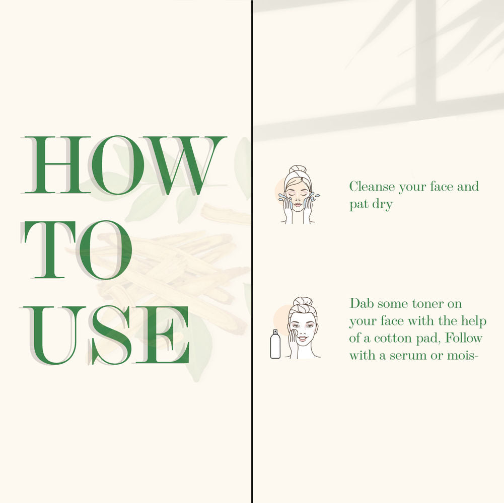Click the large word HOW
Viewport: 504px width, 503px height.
pyautogui.click(x=124, y=165)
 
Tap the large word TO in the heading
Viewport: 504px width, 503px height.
pyautogui.click(x=77, y=249)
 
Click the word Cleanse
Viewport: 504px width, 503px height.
pyautogui.click(x=372, y=187)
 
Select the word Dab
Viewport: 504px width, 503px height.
pyautogui.click(x=362, y=303)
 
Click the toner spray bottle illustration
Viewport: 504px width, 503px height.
pyautogui.click(x=275, y=344)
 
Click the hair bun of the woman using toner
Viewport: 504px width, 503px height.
pyautogui.click(x=302, y=302)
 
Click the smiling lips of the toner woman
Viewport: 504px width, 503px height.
pyautogui.click(x=303, y=339)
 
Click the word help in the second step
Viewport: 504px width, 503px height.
pyautogui.click(x=474, y=321)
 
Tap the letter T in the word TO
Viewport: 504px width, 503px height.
pyautogui.click(x=49, y=249)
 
